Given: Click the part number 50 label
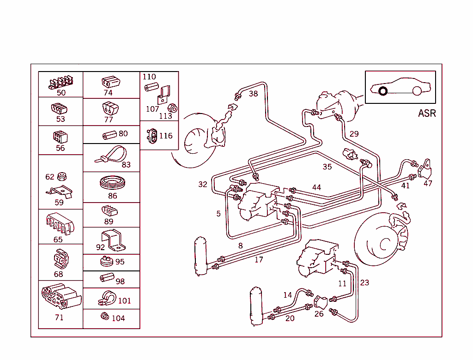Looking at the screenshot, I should point(61,93).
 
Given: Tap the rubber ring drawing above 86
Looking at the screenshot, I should point(112,182).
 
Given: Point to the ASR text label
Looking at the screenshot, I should point(427,113).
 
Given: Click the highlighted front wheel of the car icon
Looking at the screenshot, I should point(382,91).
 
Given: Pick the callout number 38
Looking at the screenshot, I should point(254,94).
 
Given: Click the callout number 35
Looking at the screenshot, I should point(327,167).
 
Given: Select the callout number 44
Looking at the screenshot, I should point(316,187).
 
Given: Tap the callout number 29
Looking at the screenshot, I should point(354,134).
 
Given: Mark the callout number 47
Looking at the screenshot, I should point(428,183).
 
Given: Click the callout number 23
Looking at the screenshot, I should point(365,282).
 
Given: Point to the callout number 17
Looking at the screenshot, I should point(259,260).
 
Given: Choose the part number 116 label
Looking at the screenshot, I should point(166,136).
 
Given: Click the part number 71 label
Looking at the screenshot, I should point(59,318).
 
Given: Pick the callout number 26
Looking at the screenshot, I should point(319,314).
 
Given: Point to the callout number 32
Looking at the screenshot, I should point(203,185).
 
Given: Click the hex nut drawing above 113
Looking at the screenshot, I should point(172,108).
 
